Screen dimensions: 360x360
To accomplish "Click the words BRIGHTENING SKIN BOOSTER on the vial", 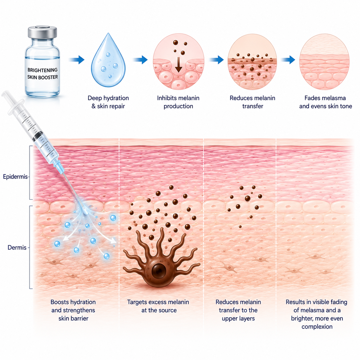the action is point(42,73).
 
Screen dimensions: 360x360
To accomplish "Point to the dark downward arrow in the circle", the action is point(179,65).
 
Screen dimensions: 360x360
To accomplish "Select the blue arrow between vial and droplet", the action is point(77,60).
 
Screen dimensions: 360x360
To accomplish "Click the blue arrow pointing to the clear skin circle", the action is point(288,60).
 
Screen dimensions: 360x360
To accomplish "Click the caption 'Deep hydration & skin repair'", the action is point(108,102).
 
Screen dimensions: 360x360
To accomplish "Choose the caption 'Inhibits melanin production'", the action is point(178,102).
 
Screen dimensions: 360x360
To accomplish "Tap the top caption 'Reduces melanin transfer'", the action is point(252,102).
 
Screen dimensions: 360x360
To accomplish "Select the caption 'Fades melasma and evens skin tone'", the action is point(326,102).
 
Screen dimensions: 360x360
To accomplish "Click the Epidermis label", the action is point(15,177).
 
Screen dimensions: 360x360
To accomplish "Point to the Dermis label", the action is point(17,247).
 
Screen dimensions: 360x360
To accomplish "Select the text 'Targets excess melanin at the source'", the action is point(158,306).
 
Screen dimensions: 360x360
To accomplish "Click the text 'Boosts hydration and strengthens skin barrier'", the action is point(73,310).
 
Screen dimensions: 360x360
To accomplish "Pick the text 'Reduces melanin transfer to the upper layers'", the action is point(238,310).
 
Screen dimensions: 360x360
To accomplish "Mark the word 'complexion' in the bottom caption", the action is point(317,327).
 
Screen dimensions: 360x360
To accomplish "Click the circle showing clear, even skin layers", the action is point(324,62).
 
